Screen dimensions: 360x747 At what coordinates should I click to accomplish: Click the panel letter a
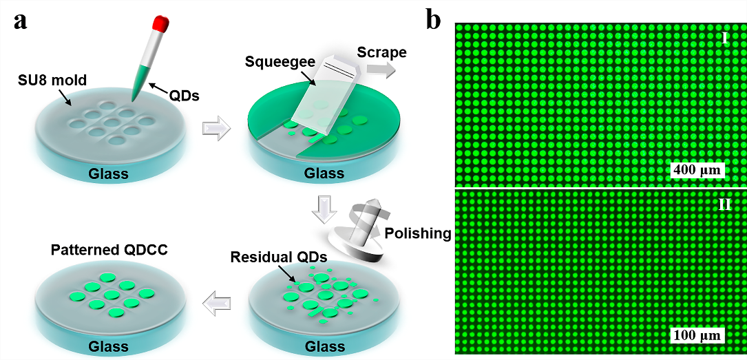coord(21,20)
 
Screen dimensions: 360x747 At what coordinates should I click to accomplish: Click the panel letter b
coord(434,20)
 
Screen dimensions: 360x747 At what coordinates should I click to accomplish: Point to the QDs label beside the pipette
coord(182,95)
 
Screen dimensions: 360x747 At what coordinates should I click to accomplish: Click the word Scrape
coord(382,52)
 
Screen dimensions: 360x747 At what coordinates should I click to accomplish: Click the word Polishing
coord(417,233)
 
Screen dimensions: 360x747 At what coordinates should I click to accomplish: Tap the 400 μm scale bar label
coord(695,169)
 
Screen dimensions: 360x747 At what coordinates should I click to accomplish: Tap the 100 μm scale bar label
coord(696,336)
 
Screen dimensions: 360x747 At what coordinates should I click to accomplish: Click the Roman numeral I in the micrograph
coord(725,37)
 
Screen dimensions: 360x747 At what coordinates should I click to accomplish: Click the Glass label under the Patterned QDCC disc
coord(108,345)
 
